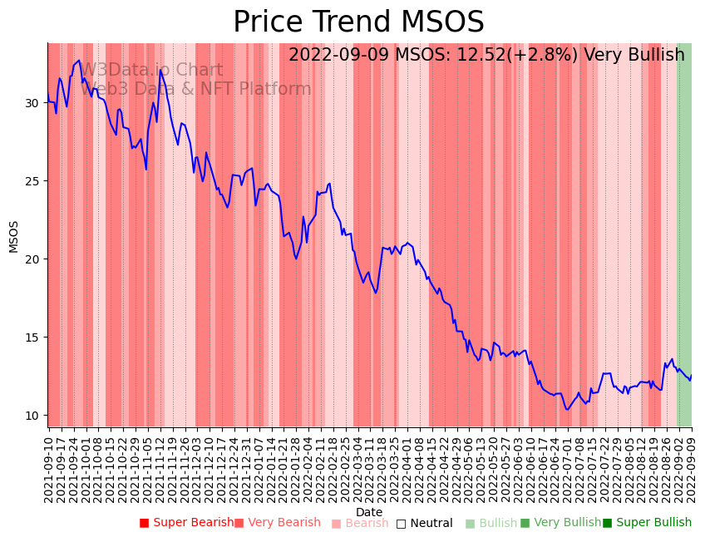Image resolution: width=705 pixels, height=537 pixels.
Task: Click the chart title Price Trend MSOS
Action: tap(358, 22)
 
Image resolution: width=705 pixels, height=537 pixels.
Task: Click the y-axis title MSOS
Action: tap(13, 236)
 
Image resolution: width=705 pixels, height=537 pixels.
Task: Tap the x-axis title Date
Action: tap(369, 512)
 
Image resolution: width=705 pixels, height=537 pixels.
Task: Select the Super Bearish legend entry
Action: tap(186, 523)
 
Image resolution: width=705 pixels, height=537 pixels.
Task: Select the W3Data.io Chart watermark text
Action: tap(152, 71)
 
